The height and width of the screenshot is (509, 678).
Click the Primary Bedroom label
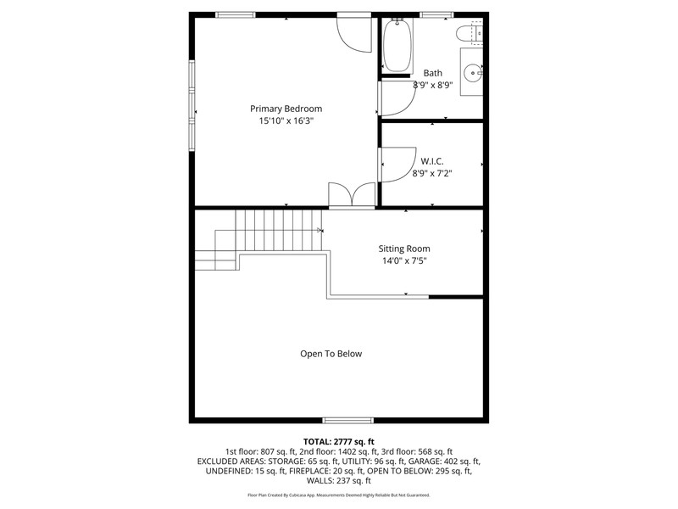point(286,109)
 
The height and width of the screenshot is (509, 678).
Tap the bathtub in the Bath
point(397,46)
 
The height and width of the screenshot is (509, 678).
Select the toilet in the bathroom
point(470,33)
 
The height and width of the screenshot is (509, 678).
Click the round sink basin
point(473,73)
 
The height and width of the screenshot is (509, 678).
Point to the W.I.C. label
point(432,161)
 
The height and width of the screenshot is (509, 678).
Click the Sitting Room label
point(404,249)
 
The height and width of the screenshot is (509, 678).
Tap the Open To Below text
point(331,354)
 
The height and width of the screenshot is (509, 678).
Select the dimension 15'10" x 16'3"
point(286,120)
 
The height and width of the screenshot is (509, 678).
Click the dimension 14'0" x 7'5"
point(404,260)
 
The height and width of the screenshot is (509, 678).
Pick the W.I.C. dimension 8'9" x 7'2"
point(432,174)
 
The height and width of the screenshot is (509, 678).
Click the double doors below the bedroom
point(352,196)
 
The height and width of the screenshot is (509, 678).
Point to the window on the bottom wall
point(348,420)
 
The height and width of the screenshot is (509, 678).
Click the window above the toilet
point(436,15)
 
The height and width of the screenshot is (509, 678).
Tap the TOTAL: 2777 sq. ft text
point(338,442)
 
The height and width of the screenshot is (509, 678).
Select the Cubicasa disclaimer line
point(338,495)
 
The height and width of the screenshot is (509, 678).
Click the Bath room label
point(433,73)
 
